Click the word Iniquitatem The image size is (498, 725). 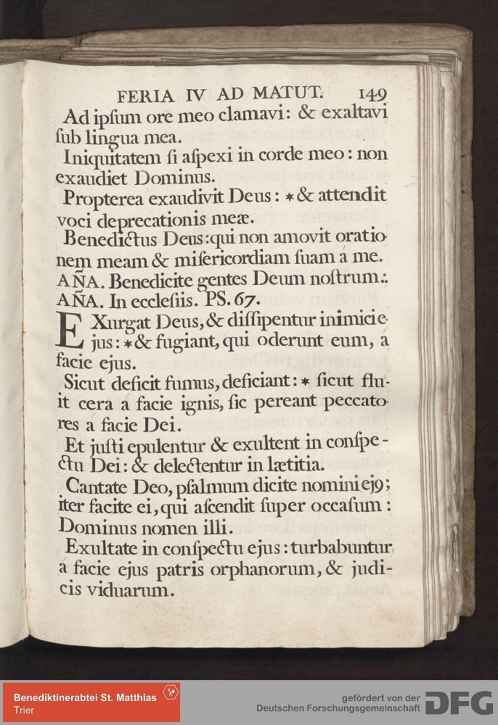pyautogui.click(x=108, y=155)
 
